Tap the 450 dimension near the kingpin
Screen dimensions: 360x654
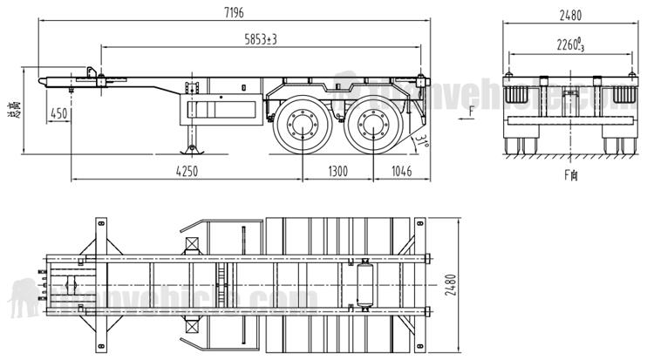tap(59, 113)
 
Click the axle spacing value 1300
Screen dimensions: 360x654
tap(340, 171)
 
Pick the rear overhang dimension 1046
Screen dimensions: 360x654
tap(402, 171)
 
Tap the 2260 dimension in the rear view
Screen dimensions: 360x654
tap(571, 44)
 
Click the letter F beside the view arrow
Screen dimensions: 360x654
tap(472, 111)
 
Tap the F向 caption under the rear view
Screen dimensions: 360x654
tap(571, 175)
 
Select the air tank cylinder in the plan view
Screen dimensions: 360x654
tap(364, 283)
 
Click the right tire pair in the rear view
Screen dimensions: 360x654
tap(619, 141)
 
